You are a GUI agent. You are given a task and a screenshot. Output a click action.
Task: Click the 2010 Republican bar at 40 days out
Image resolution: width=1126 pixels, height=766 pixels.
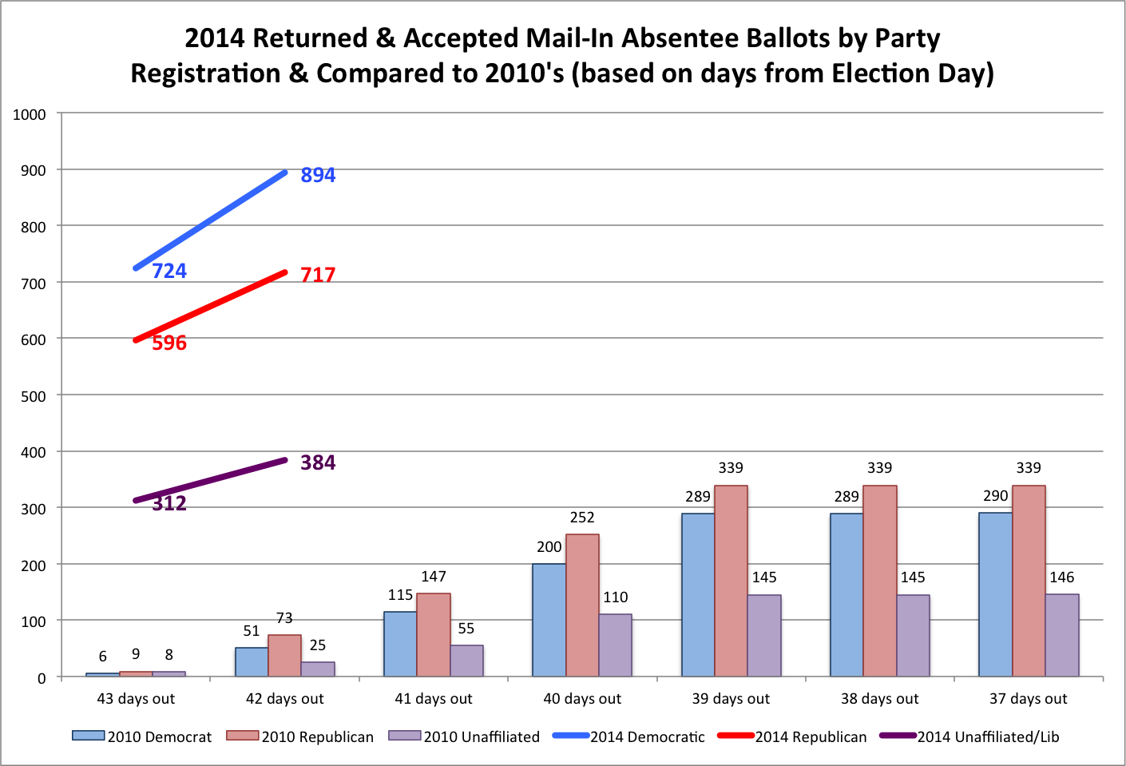point(582,605)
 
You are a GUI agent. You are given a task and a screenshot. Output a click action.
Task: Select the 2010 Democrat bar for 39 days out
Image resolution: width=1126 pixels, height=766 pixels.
point(698,595)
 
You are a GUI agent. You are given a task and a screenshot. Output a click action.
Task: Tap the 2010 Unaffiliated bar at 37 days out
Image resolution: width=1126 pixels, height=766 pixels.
point(1062,635)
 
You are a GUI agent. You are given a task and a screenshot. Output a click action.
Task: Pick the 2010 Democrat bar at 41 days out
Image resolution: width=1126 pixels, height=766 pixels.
point(400,644)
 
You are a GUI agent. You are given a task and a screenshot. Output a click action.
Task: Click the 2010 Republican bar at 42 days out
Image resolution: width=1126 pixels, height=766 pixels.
point(284,656)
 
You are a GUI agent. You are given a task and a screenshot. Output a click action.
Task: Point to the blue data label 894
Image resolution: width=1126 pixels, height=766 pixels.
point(318,175)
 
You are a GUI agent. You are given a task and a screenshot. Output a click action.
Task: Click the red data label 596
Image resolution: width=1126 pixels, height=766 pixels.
point(169,343)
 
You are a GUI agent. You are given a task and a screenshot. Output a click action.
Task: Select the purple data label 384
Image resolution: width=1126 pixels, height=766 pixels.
point(318,462)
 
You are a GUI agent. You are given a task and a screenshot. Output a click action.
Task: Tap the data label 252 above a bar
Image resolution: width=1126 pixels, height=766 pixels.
point(582,518)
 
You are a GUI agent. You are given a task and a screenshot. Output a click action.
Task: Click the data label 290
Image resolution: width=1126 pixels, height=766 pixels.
point(995,496)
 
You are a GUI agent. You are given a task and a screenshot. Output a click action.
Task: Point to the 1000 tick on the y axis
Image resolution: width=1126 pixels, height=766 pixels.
point(30,114)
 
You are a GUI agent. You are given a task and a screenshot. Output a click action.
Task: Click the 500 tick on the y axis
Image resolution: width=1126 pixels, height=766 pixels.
point(34,396)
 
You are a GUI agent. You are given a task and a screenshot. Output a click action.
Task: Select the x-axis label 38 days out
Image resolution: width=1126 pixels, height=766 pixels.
point(879,699)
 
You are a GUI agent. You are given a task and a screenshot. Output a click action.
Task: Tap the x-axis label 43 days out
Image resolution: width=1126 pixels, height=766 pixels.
point(136,699)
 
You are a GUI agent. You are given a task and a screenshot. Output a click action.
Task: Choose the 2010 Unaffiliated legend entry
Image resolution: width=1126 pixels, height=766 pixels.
point(481,737)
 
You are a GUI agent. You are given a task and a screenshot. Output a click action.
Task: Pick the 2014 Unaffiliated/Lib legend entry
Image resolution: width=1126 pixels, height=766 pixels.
point(988,737)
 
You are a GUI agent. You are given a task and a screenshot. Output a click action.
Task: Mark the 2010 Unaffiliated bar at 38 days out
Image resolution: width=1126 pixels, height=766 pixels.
point(913,636)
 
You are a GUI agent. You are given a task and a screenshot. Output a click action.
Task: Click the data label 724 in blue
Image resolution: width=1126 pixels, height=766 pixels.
point(169,271)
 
